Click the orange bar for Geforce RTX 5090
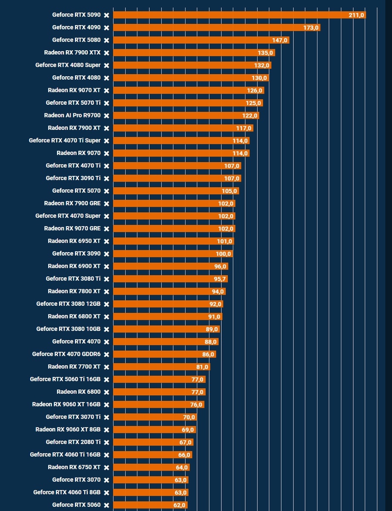(230, 15)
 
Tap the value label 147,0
(280, 40)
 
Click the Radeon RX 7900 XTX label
(72, 53)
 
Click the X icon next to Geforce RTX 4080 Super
(106, 66)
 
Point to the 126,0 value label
(255, 91)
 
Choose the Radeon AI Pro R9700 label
(72, 115)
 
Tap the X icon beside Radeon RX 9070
(106, 153)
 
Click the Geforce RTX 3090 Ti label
(73, 178)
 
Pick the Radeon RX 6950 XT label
(74, 241)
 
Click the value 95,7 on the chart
(218, 279)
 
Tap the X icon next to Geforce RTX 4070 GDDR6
(106, 354)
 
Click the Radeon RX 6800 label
(79, 392)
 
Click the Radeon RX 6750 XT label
(74, 467)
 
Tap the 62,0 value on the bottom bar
(179, 505)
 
